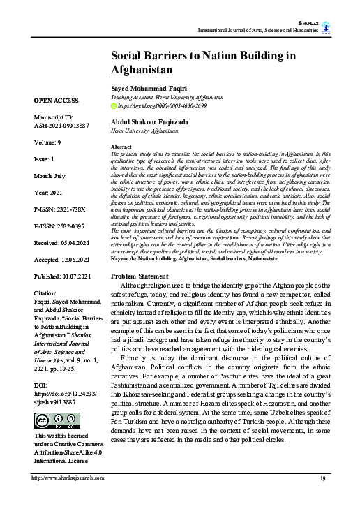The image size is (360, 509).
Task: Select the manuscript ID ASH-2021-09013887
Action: click(63, 126)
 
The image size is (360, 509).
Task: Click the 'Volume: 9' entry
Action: click(50, 142)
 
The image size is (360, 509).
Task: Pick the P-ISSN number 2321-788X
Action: click(61, 208)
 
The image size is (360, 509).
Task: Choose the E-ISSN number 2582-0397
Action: click(61, 226)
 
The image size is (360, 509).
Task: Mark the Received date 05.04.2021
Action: click(62, 242)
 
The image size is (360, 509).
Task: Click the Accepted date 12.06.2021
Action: click(63, 260)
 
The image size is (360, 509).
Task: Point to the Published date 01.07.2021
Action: click(63, 277)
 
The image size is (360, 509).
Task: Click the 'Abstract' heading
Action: click(122, 147)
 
